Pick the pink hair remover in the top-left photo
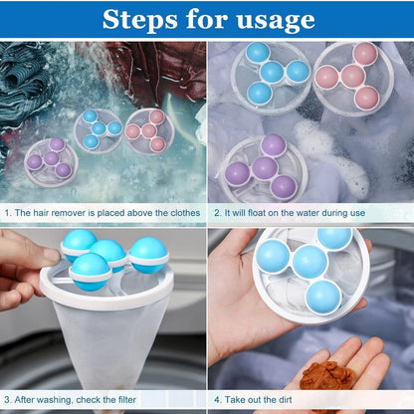[x=148, y=130]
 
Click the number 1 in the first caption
[x=8, y=212]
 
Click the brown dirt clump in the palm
[x=327, y=377]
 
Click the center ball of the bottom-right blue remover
[x=309, y=262]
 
